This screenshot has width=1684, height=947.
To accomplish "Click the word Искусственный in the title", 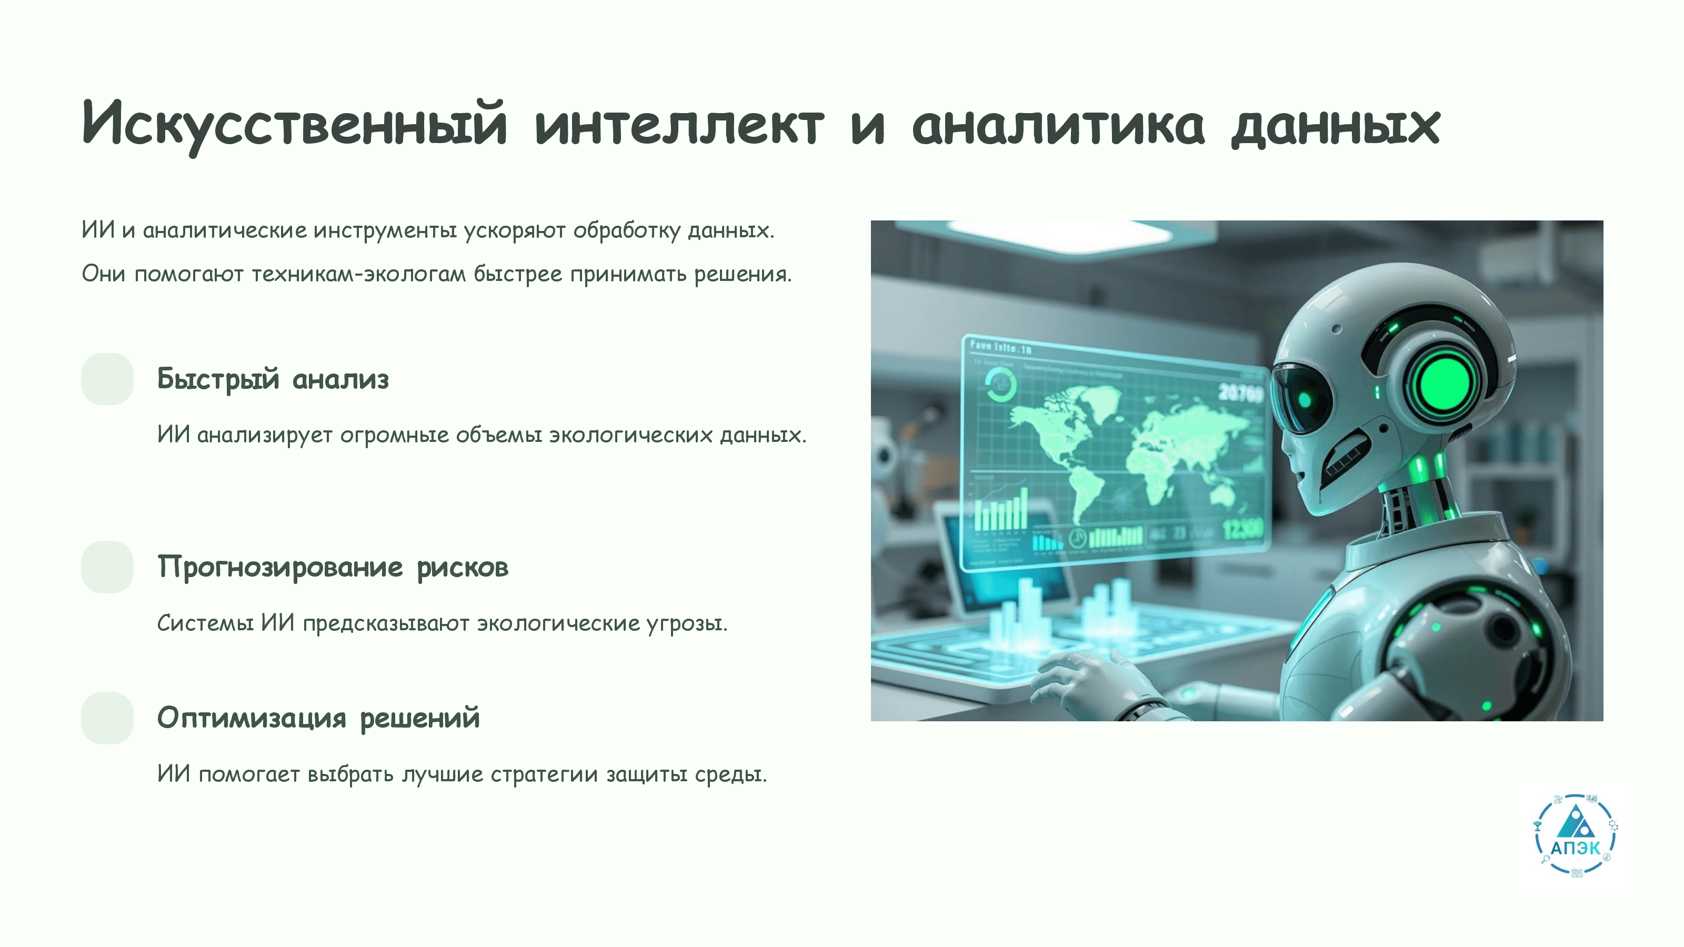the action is pyautogui.click(x=295, y=125).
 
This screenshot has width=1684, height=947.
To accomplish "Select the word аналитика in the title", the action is pyautogui.click(x=1058, y=125).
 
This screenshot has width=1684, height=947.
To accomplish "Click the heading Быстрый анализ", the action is pyautogui.click(x=273, y=379).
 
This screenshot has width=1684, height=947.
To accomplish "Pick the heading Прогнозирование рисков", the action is pyautogui.click(x=333, y=567).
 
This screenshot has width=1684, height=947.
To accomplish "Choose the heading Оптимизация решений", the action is pyautogui.click(x=318, y=718).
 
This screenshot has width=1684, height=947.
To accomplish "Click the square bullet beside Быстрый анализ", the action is pyautogui.click(x=107, y=379).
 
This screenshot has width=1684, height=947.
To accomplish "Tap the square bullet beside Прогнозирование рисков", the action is pyautogui.click(x=107, y=567).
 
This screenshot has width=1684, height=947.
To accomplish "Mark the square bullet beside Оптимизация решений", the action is pyautogui.click(x=107, y=718).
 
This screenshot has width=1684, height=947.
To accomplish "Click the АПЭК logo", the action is pyautogui.click(x=1575, y=837).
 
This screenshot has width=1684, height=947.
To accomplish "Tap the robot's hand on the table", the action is pyautogui.click(x=1098, y=683).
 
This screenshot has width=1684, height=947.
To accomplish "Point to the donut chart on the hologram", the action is pyautogui.click(x=1000, y=384).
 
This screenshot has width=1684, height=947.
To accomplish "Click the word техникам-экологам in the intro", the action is pyautogui.click(x=358, y=274).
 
